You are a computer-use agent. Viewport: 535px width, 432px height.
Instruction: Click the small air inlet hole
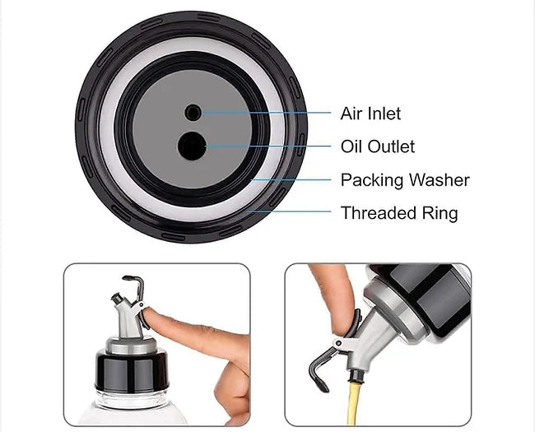(193, 113)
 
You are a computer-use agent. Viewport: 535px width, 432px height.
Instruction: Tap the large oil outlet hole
(192, 146)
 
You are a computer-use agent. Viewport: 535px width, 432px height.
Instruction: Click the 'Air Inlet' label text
(370, 114)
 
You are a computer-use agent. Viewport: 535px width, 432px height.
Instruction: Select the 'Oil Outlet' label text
(378, 146)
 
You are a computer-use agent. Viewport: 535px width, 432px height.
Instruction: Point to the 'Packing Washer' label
(405, 180)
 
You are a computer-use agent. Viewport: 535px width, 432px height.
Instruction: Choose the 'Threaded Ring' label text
(399, 212)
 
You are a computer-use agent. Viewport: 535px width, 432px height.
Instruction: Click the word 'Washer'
(440, 180)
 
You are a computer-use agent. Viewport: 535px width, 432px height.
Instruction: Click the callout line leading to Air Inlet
(266, 112)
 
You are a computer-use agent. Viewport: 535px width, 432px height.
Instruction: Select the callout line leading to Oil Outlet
(268, 146)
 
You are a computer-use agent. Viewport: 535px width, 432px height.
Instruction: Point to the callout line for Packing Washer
(291, 179)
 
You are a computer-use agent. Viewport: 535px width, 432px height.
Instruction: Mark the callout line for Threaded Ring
(289, 211)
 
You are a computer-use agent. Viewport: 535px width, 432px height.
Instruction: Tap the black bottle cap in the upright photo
(132, 371)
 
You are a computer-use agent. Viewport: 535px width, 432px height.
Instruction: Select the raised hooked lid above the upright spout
(133, 286)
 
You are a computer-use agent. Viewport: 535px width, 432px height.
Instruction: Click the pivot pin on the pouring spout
(339, 343)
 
